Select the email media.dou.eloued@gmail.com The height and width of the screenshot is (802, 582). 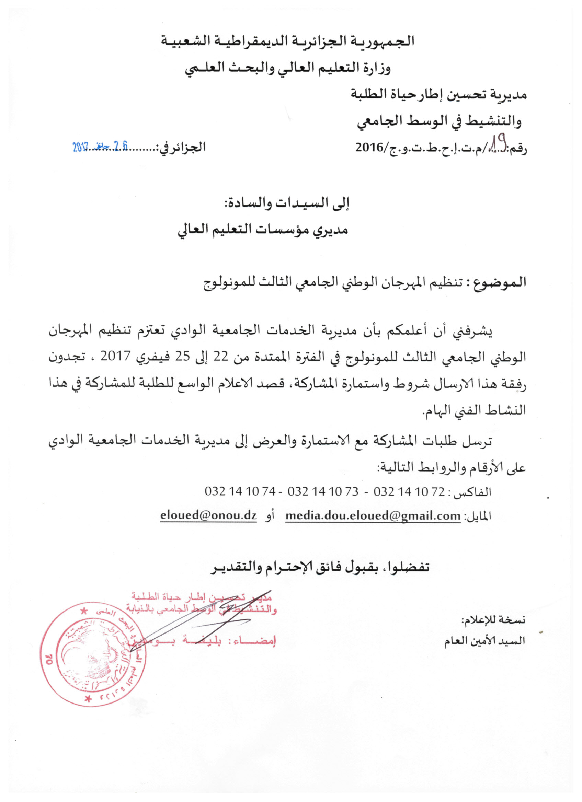[x=373, y=516]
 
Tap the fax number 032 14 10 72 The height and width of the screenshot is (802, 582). [x=409, y=491]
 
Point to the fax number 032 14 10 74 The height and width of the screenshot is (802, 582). [x=240, y=491]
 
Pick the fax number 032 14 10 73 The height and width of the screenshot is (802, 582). [x=323, y=491]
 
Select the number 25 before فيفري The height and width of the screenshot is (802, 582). [x=183, y=356]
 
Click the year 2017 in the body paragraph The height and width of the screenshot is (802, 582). [x=116, y=356]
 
